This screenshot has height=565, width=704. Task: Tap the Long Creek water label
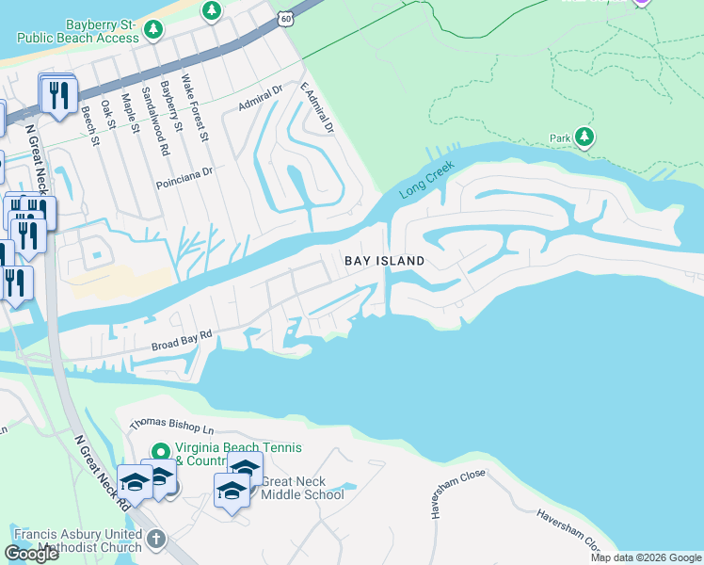pyautogui.click(x=426, y=180)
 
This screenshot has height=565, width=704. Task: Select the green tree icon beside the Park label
pyautogui.click(x=585, y=138)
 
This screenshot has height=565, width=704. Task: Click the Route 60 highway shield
pyautogui.click(x=286, y=17)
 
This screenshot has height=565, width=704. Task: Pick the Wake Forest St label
pyautogui.click(x=194, y=107)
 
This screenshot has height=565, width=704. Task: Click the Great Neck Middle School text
pyautogui.click(x=302, y=488)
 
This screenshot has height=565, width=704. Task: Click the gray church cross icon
pyautogui.click(x=156, y=541)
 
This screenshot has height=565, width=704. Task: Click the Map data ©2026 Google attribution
pyautogui.click(x=645, y=557)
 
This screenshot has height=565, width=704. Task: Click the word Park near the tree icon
pyautogui.click(x=561, y=138)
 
